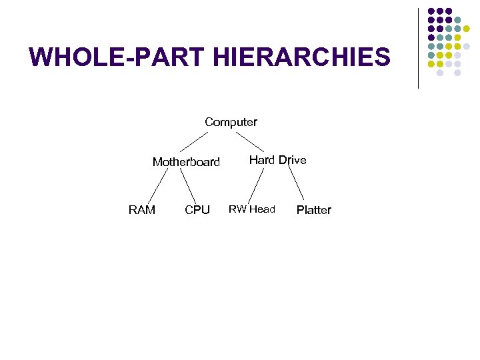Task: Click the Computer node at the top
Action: (231, 122)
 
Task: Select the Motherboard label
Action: (186, 162)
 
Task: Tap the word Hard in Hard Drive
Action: (262, 160)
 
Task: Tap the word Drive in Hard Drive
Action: (292, 160)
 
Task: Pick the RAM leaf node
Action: (141, 211)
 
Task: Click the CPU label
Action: (197, 211)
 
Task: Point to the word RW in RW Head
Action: (237, 209)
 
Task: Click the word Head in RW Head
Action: (262, 209)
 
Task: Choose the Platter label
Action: (313, 211)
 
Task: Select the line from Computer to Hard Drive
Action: (250, 141)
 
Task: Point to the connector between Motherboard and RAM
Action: (157, 186)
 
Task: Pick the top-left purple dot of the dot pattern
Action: (431, 11)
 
